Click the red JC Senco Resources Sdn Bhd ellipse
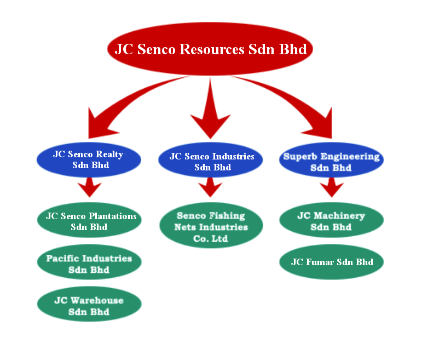(211, 49)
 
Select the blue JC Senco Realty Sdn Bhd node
(89, 159)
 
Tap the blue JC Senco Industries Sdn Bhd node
(211, 161)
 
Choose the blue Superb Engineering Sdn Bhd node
(331, 162)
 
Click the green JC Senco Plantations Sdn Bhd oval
(89, 221)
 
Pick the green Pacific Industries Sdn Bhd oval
(89, 264)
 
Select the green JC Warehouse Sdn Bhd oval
(89, 306)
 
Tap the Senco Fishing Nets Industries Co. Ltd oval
(211, 226)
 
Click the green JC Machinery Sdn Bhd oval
(331, 221)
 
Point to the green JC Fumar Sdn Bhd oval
(331, 262)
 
